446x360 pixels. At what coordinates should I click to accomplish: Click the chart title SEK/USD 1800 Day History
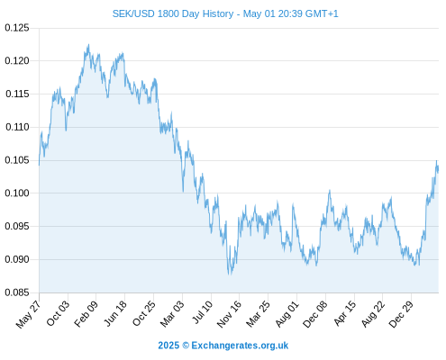[x=173, y=13]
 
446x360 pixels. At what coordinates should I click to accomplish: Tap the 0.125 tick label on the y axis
[x=17, y=28]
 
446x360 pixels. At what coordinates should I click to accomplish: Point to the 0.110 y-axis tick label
[x=17, y=127]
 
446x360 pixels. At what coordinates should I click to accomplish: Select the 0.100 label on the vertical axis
[x=17, y=193]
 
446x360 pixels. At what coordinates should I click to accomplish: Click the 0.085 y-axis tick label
[x=17, y=292]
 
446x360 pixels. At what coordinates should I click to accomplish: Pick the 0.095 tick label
[x=17, y=226]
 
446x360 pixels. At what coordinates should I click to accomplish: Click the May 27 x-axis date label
[x=28, y=314]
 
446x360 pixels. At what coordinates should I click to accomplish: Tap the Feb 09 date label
[x=86, y=313]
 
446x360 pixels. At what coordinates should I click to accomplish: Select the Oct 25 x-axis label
[x=144, y=313]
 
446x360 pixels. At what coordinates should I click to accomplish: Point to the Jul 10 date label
[x=202, y=312]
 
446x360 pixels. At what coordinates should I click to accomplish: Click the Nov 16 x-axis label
[x=229, y=314]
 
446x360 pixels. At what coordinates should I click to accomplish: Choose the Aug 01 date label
[x=287, y=314]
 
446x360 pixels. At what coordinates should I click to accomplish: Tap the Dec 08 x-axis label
[x=314, y=314]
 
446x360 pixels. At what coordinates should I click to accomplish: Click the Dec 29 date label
[x=401, y=314]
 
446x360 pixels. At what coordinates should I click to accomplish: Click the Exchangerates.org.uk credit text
[x=240, y=346]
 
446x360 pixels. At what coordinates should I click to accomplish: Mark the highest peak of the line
[x=88, y=45]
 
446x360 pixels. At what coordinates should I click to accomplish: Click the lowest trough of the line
[x=230, y=274]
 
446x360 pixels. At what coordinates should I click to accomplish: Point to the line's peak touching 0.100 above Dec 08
[x=330, y=190]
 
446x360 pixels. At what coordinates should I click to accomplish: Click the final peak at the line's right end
[x=437, y=161]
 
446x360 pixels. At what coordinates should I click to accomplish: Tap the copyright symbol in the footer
[x=186, y=346]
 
